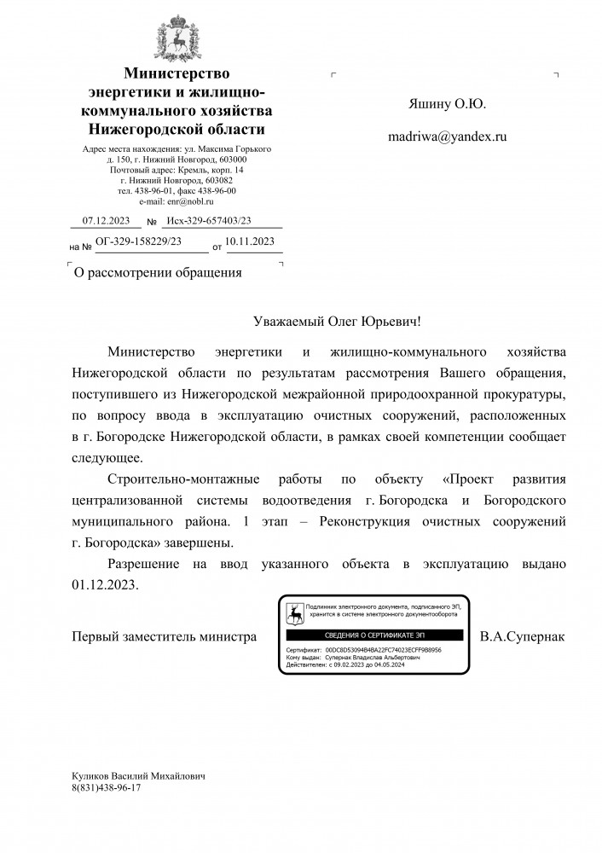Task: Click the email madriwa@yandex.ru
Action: (447, 136)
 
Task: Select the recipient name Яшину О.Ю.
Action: (448, 104)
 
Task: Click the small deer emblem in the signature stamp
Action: (294, 612)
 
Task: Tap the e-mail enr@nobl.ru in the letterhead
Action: (177, 201)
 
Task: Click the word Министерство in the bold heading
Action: (177, 75)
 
